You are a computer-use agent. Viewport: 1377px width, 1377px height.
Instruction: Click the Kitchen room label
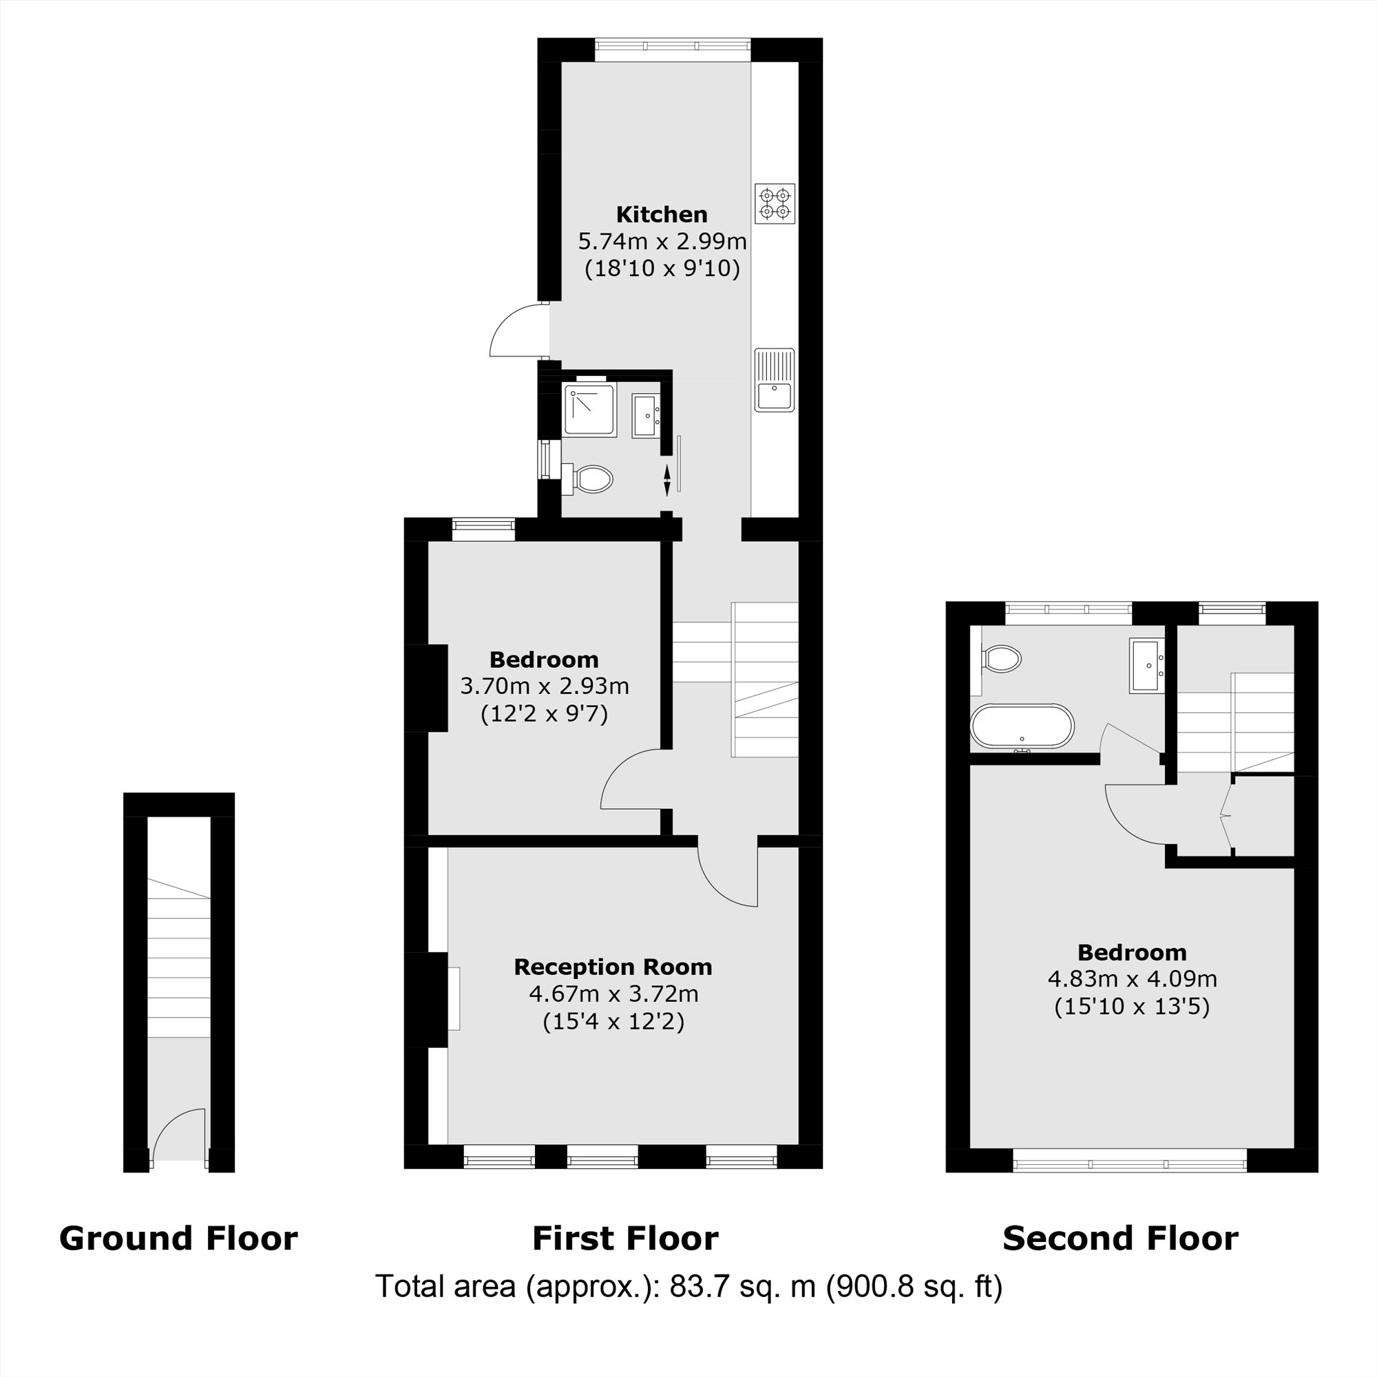pyautogui.click(x=662, y=215)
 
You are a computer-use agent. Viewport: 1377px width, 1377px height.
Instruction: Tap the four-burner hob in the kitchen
pyautogui.click(x=775, y=204)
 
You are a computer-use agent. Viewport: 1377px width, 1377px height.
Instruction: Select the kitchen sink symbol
pyautogui.click(x=775, y=380)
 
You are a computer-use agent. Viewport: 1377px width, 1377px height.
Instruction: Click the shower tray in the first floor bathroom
pyautogui.click(x=589, y=410)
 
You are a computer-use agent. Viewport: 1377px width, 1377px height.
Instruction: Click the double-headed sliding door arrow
pyautogui.click(x=667, y=481)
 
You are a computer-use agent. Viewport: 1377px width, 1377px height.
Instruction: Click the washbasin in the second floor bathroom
pyautogui.click(x=1146, y=666)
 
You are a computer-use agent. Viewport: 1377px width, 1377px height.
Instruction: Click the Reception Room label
pyautogui.click(x=613, y=967)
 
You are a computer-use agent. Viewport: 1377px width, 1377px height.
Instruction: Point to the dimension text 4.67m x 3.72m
pyautogui.click(x=613, y=994)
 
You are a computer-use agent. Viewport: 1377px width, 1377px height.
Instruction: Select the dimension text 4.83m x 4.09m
pyautogui.click(x=1132, y=978)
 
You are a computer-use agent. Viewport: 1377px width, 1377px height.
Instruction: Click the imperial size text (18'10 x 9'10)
pyautogui.click(x=662, y=269)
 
